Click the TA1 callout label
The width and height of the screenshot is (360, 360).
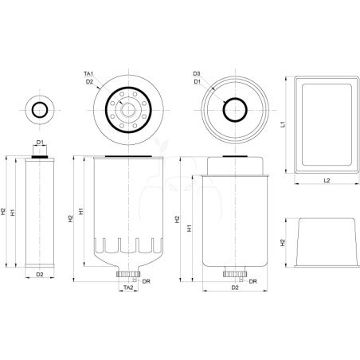pos(88,73)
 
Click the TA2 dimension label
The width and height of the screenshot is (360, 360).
pos(128,288)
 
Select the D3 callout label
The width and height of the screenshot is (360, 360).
pos(197,73)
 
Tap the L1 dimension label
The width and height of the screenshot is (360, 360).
pos(283,124)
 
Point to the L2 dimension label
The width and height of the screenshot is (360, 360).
pos(327,180)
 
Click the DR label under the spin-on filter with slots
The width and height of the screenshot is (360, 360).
pos(147,281)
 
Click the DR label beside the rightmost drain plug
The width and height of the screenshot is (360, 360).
pos(253,281)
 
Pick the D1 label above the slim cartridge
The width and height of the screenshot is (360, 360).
pos(40,143)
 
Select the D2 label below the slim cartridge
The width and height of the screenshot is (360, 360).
pos(40,274)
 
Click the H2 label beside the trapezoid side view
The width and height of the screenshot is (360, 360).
pos(283,242)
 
